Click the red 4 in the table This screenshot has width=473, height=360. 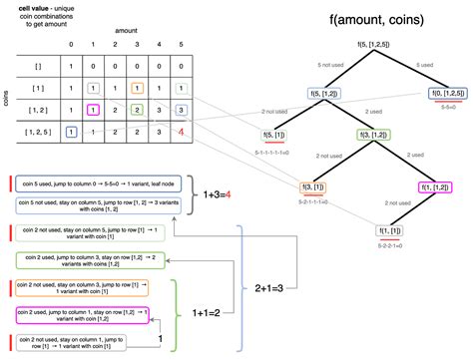pos(180,131)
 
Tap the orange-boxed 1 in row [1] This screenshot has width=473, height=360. pos(138,89)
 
